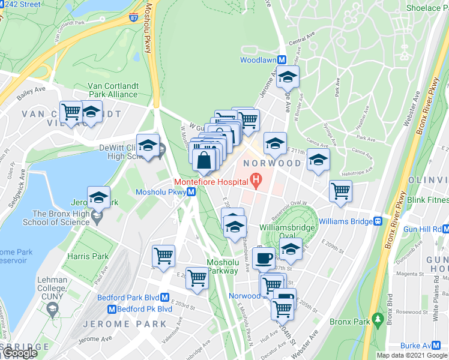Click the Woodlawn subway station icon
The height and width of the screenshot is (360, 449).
click(x=280, y=61)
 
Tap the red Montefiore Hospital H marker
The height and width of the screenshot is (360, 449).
click(x=256, y=179)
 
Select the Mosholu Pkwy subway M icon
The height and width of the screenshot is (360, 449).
click(x=190, y=192)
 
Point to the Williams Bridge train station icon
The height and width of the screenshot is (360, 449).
click(x=378, y=221)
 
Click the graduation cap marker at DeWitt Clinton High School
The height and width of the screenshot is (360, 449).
click(x=148, y=145)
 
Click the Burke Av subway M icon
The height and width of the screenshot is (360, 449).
click(x=443, y=346)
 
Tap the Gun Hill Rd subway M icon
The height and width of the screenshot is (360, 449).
click(x=446, y=229)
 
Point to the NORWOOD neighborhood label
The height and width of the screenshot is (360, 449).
click(x=271, y=163)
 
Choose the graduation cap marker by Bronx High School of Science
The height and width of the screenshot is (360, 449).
click(x=98, y=197)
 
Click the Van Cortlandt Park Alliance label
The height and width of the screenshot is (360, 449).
click(x=113, y=90)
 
